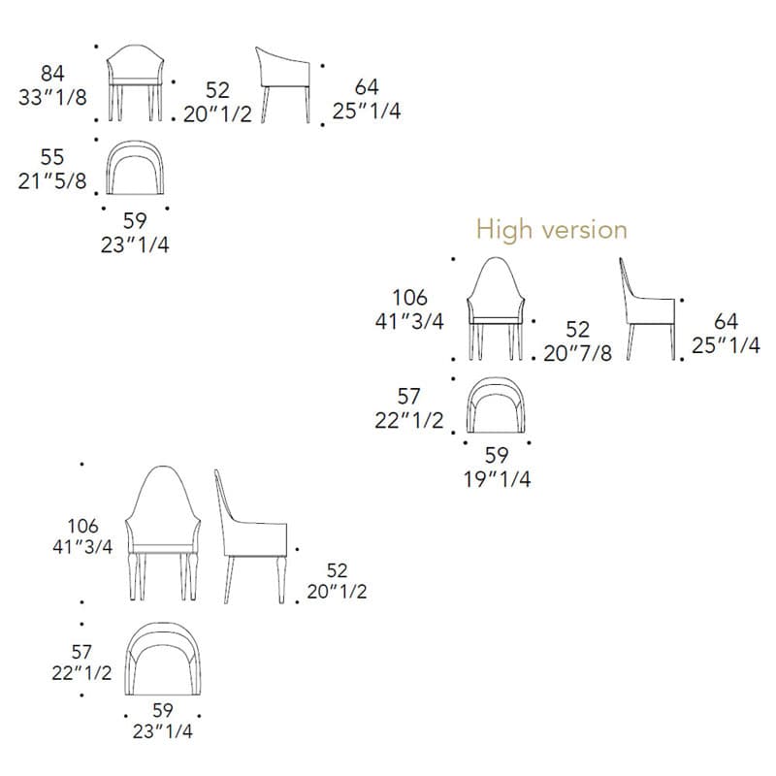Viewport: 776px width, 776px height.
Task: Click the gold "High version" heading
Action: tap(552, 230)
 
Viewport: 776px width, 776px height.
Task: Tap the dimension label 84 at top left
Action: tap(52, 74)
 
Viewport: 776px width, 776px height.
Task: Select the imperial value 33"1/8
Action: tap(52, 97)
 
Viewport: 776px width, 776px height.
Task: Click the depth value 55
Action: tap(52, 157)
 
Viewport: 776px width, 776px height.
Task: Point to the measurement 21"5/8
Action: tap(52, 181)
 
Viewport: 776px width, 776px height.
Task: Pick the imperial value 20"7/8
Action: tap(577, 353)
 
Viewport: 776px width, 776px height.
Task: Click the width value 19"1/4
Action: tap(497, 479)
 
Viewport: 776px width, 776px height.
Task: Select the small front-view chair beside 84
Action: tap(135, 82)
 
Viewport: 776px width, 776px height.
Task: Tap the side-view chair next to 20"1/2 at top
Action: tap(282, 85)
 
